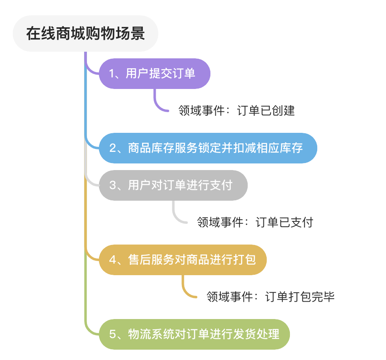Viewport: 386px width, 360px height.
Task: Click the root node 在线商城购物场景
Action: coord(86,34)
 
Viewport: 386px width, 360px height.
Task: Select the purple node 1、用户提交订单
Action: coord(154,74)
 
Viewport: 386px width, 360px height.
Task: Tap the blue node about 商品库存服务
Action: coord(208,148)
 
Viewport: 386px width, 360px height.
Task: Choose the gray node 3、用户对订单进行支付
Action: coord(173,185)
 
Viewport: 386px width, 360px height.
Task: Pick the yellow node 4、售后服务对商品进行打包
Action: coord(182,260)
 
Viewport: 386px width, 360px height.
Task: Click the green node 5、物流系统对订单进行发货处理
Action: coord(194,334)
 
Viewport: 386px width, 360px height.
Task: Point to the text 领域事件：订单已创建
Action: coord(236,111)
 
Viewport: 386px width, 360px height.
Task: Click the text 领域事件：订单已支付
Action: coord(255,223)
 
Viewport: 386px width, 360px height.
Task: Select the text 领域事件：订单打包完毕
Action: coord(270,297)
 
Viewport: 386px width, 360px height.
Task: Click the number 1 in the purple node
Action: coord(111,74)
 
